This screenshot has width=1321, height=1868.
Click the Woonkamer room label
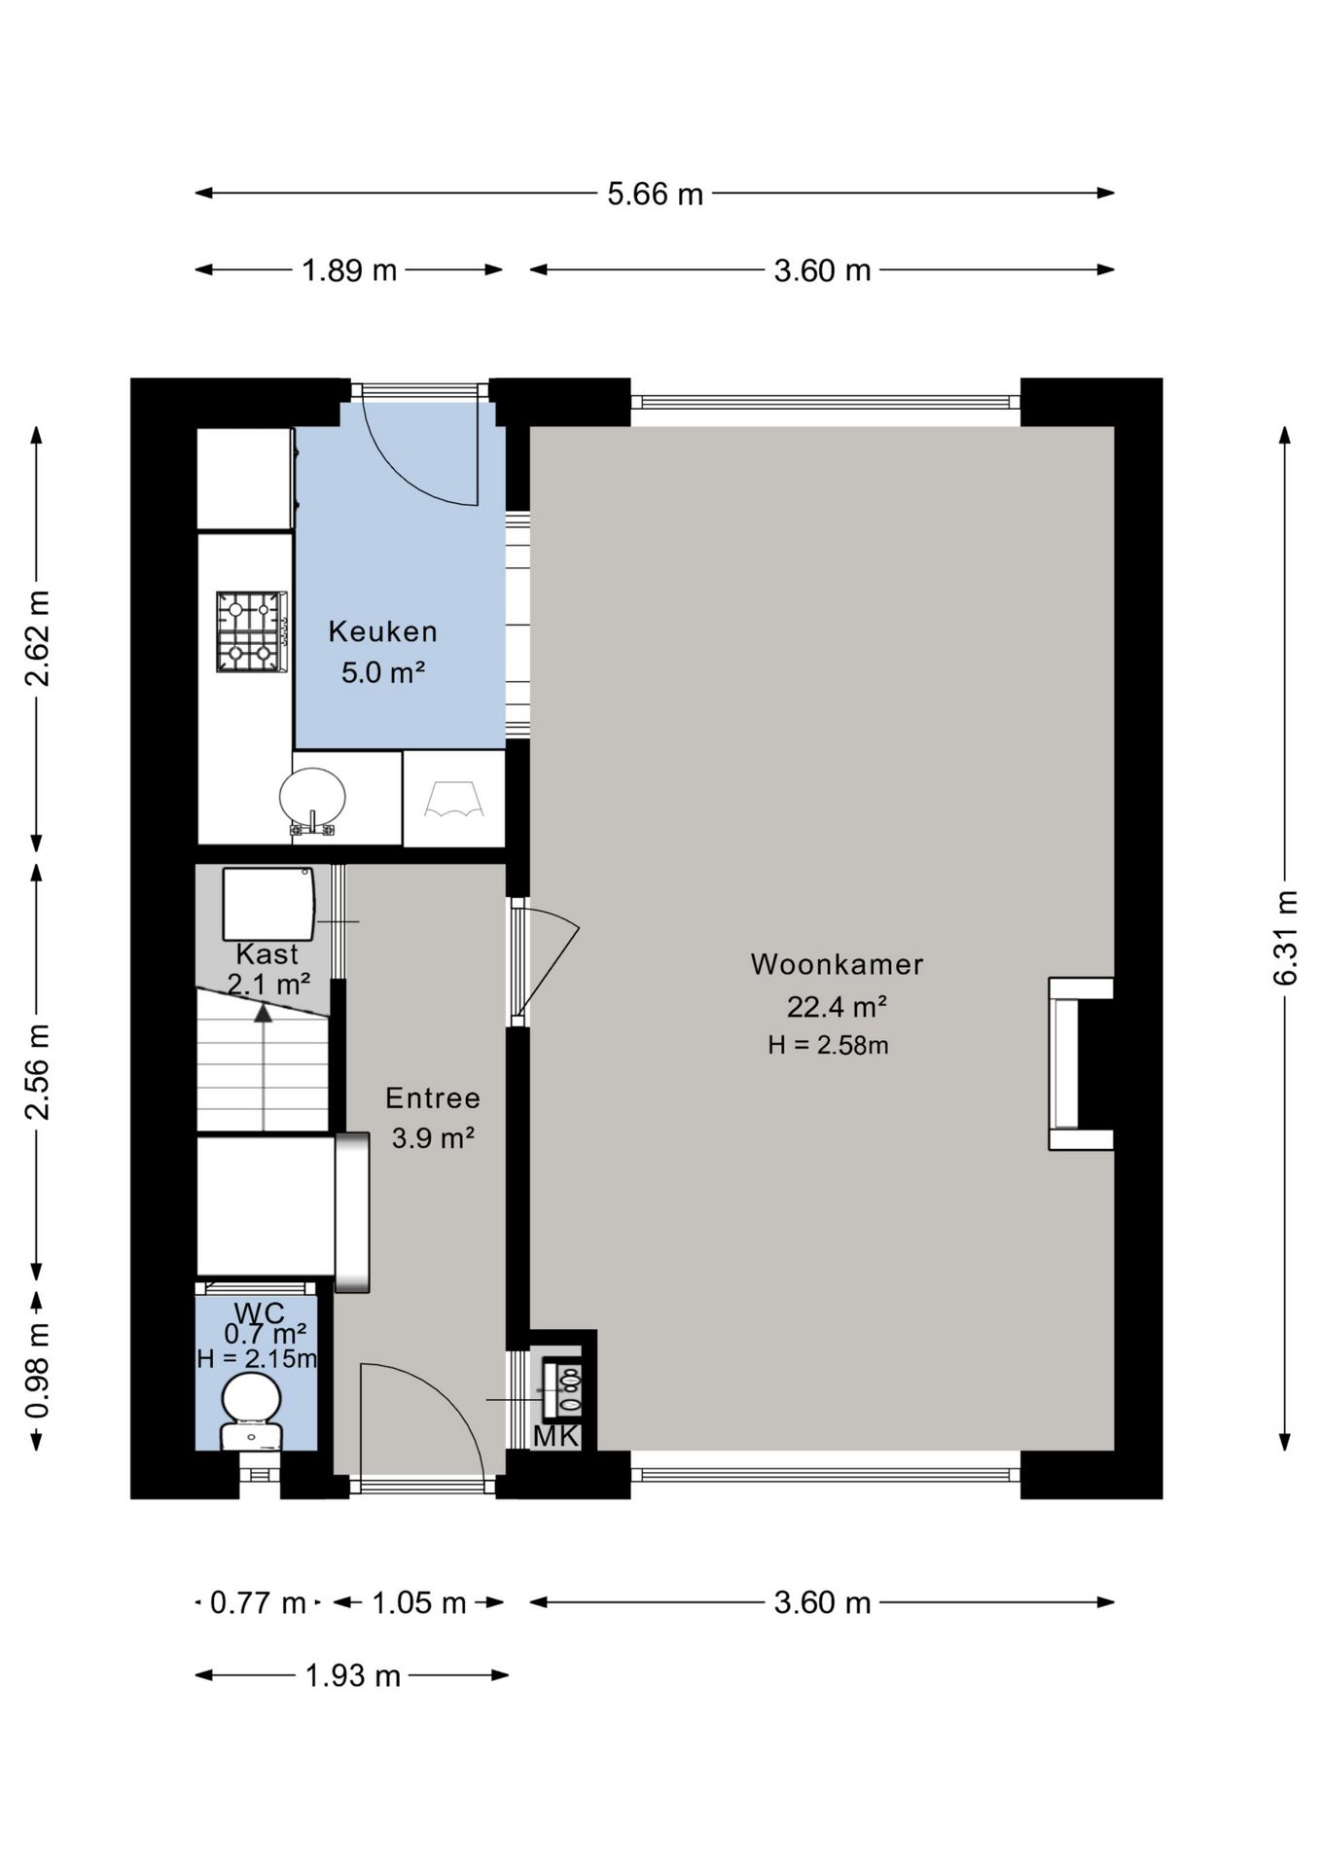(x=837, y=964)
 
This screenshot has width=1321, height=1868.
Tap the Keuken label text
(x=382, y=631)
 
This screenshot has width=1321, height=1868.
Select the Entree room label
(x=433, y=1097)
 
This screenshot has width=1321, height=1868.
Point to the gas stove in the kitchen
(x=252, y=631)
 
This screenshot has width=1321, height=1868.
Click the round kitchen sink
(x=312, y=800)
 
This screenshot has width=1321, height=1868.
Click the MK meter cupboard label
(x=556, y=1436)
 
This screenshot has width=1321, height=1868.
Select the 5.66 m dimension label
(x=655, y=194)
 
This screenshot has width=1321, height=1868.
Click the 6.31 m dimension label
(x=1286, y=938)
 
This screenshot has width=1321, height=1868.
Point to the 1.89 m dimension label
(x=349, y=270)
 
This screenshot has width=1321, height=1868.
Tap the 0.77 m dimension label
(x=258, y=1602)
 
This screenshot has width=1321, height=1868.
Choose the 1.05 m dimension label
(x=419, y=1602)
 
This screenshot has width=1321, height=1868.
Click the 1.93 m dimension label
(x=352, y=1675)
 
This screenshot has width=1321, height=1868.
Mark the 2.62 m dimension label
(x=37, y=638)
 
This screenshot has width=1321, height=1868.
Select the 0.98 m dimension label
(x=37, y=1371)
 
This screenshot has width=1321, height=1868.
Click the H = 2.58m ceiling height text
(x=828, y=1045)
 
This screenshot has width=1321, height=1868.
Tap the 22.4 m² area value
(x=837, y=1006)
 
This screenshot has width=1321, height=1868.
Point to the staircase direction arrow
(x=264, y=1067)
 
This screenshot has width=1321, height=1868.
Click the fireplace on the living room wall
(x=1080, y=1063)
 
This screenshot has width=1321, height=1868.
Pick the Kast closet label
(x=267, y=953)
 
